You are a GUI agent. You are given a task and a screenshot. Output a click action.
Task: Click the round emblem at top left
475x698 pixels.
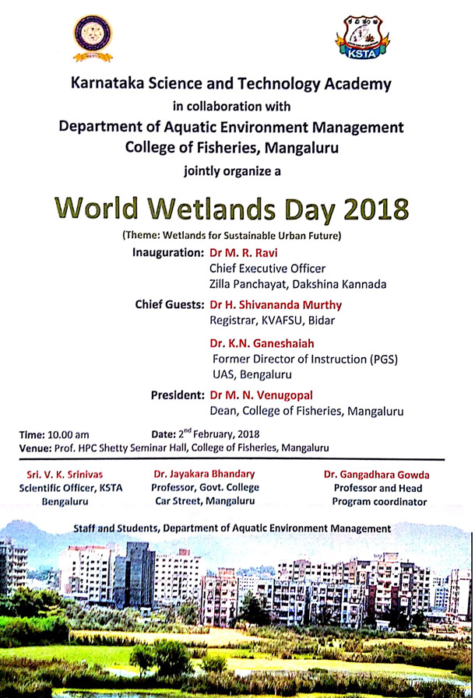click(93, 37)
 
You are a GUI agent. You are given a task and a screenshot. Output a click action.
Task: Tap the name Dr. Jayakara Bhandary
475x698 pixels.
click(204, 473)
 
